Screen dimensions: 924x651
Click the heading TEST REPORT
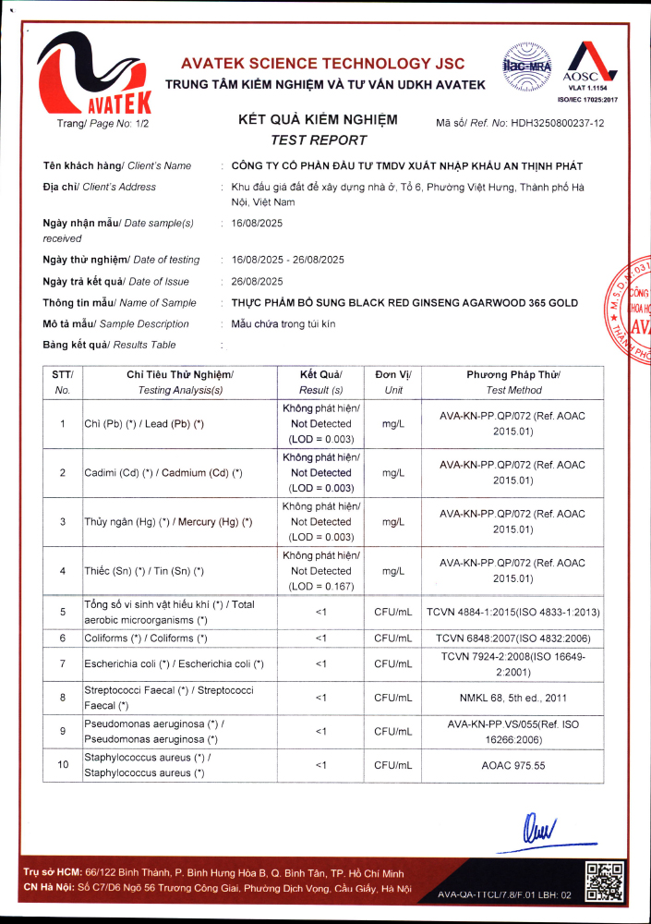click(x=318, y=140)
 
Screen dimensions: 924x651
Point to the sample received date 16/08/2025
click(x=258, y=223)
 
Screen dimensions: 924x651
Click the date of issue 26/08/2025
click(x=258, y=281)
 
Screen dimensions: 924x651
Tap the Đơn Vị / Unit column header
click(x=393, y=382)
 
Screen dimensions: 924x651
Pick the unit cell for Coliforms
click(x=393, y=638)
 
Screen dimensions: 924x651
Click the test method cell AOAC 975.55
click(x=512, y=765)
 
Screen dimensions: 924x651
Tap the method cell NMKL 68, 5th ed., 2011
click(x=512, y=698)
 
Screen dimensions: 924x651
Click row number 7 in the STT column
click(x=63, y=664)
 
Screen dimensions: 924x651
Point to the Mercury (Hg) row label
click(x=168, y=522)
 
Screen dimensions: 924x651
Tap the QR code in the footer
click(x=605, y=881)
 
